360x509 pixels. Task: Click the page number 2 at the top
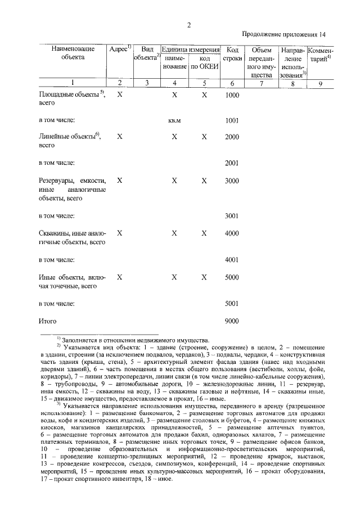(188, 25)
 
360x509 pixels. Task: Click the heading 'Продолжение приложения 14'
(285, 34)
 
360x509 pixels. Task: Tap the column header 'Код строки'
(232, 53)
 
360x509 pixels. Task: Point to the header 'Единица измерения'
(190, 49)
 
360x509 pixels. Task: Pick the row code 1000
(232, 95)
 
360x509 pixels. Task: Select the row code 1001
(232, 120)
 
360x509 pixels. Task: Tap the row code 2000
(232, 137)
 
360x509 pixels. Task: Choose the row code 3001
(232, 215)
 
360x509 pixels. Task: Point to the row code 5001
(232, 303)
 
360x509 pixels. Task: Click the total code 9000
(232, 321)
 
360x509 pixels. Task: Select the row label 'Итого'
(49, 321)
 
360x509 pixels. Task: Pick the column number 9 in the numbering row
(320, 83)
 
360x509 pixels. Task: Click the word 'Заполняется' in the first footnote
(79, 340)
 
